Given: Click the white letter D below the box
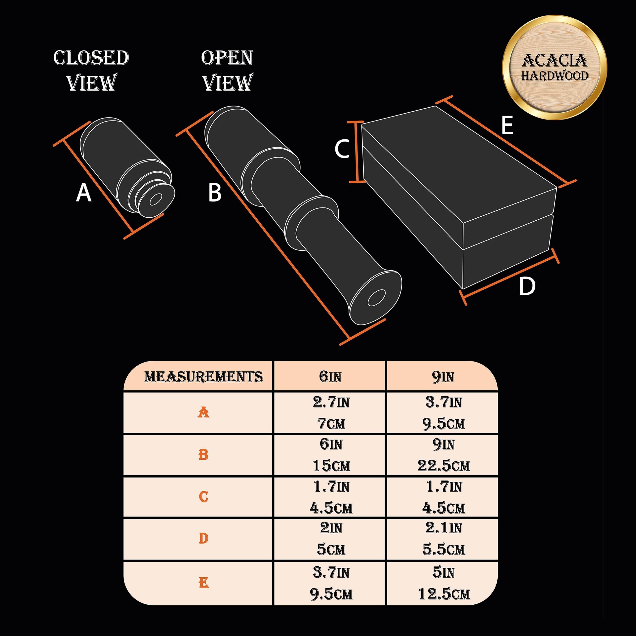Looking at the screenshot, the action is (527, 286).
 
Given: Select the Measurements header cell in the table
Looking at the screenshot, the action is (203, 377).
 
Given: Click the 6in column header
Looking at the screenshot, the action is (330, 377).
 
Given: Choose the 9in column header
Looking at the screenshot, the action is (443, 377).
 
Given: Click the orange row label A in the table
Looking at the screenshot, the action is (203, 412).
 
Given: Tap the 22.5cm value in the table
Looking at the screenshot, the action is (444, 466).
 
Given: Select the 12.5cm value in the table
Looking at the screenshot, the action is (444, 594).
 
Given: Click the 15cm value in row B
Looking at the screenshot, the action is (331, 466).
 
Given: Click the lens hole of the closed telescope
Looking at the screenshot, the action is (155, 199).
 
